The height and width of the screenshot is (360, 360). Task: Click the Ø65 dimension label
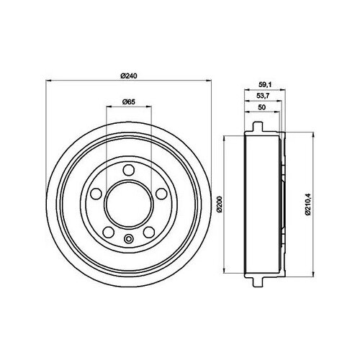coord(130,102)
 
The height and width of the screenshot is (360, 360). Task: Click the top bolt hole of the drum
coord(129,170)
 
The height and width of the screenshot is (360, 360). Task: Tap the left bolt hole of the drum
coord(96,194)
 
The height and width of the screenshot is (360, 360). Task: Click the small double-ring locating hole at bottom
coord(129,240)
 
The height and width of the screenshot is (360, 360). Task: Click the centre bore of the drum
coord(129,204)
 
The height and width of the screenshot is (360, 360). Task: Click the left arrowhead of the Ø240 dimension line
coord(48,81)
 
